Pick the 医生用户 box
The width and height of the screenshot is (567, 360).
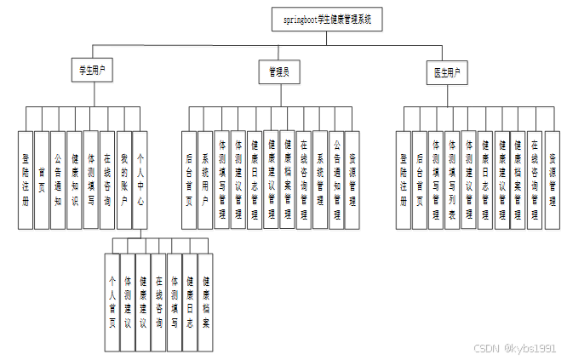445,73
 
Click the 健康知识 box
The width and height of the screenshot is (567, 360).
74,179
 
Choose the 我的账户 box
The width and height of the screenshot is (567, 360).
123,179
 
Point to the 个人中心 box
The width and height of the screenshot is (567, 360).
140,179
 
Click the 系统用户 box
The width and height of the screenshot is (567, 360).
204,179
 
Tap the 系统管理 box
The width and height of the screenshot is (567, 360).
319,179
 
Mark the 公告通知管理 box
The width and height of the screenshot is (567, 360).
336,179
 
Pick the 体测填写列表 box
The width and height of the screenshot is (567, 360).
453,179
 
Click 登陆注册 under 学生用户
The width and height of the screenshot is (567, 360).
25,179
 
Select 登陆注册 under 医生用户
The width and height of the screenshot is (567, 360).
404,179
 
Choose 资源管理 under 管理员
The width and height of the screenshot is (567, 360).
352,179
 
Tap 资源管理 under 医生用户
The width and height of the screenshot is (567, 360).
552,179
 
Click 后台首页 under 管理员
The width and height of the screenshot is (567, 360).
188,179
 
